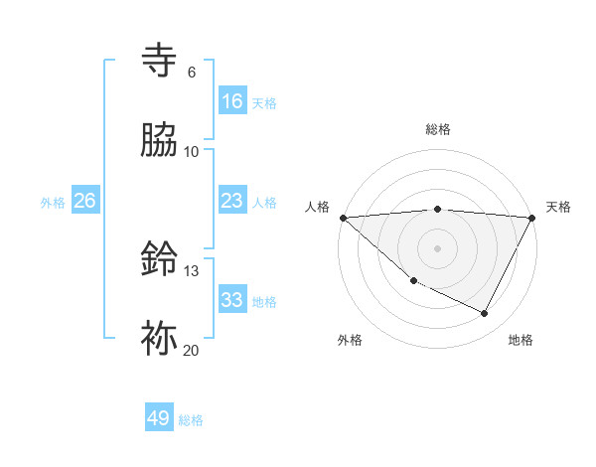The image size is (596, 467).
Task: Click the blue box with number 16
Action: tap(232, 101)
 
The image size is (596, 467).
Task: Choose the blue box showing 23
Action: tap(232, 201)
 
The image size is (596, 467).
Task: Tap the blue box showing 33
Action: tap(232, 300)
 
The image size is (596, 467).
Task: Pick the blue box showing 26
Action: tap(85, 201)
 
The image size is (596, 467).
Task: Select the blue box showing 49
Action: tap(159, 418)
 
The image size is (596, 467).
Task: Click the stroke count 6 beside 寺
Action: tap(192, 72)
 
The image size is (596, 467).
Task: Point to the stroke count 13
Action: tap(192, 270)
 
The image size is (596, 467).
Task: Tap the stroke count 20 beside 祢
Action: tap(191, 350)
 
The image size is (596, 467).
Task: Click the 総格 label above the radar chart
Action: tap(438, 129)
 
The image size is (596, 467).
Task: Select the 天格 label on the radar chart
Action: tap(558, 207)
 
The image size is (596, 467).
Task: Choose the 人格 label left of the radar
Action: tap(318, 207)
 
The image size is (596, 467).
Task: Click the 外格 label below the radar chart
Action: tap(350, 340)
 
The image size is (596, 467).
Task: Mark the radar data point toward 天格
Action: tap(532, 218)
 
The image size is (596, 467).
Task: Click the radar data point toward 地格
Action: tap(485, 314)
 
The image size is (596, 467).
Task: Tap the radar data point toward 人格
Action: tap(343, 218)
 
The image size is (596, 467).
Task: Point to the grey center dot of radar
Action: tap(438, 248)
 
